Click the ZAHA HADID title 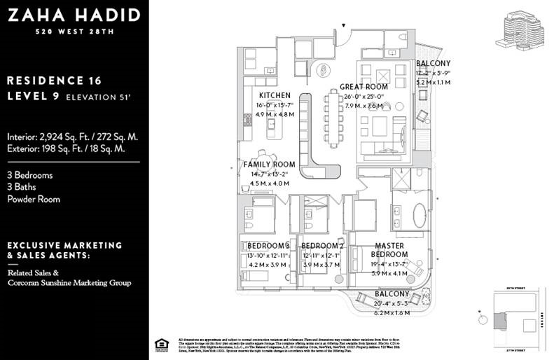tap(74, 15)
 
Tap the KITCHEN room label tap(274, 95)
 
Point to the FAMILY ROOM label tap(269, 165)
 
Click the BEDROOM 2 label tap(322, 246)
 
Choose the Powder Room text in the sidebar tap(34, 199)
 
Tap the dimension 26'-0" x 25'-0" tap(364, 97)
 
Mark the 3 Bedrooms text tap(30, 175)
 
